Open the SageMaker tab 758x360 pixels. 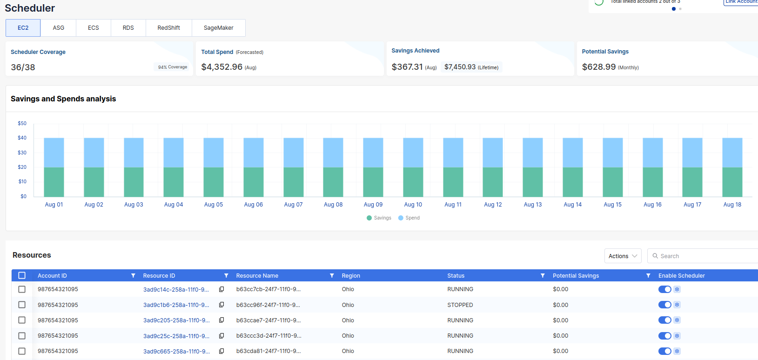(x=218, y=28)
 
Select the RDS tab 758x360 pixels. (x=128, y=28)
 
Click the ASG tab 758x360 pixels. (x=58, y=28)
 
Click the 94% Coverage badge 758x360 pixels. (x=172, y=67)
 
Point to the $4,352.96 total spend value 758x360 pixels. (x=221, y=67)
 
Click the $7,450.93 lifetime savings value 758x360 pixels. (x=460, y=67)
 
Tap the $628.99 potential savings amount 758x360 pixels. (x=598, y=67)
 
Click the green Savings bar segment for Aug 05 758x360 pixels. (x=214, y=182)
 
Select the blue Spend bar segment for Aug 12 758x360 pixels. (x=493, y=153)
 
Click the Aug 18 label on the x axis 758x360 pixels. (x=732, y=205)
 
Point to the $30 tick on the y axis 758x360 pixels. (x=22, y=153)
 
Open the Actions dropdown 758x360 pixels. (x=623, y=256)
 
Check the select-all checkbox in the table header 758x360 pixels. (x=22, y=275)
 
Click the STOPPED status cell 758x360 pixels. (x=460, y=305)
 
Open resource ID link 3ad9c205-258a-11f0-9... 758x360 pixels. (x=176, y=320)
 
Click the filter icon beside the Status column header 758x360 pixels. (x=543, y=276)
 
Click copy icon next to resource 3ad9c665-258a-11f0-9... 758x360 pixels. (x=221, y=351)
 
